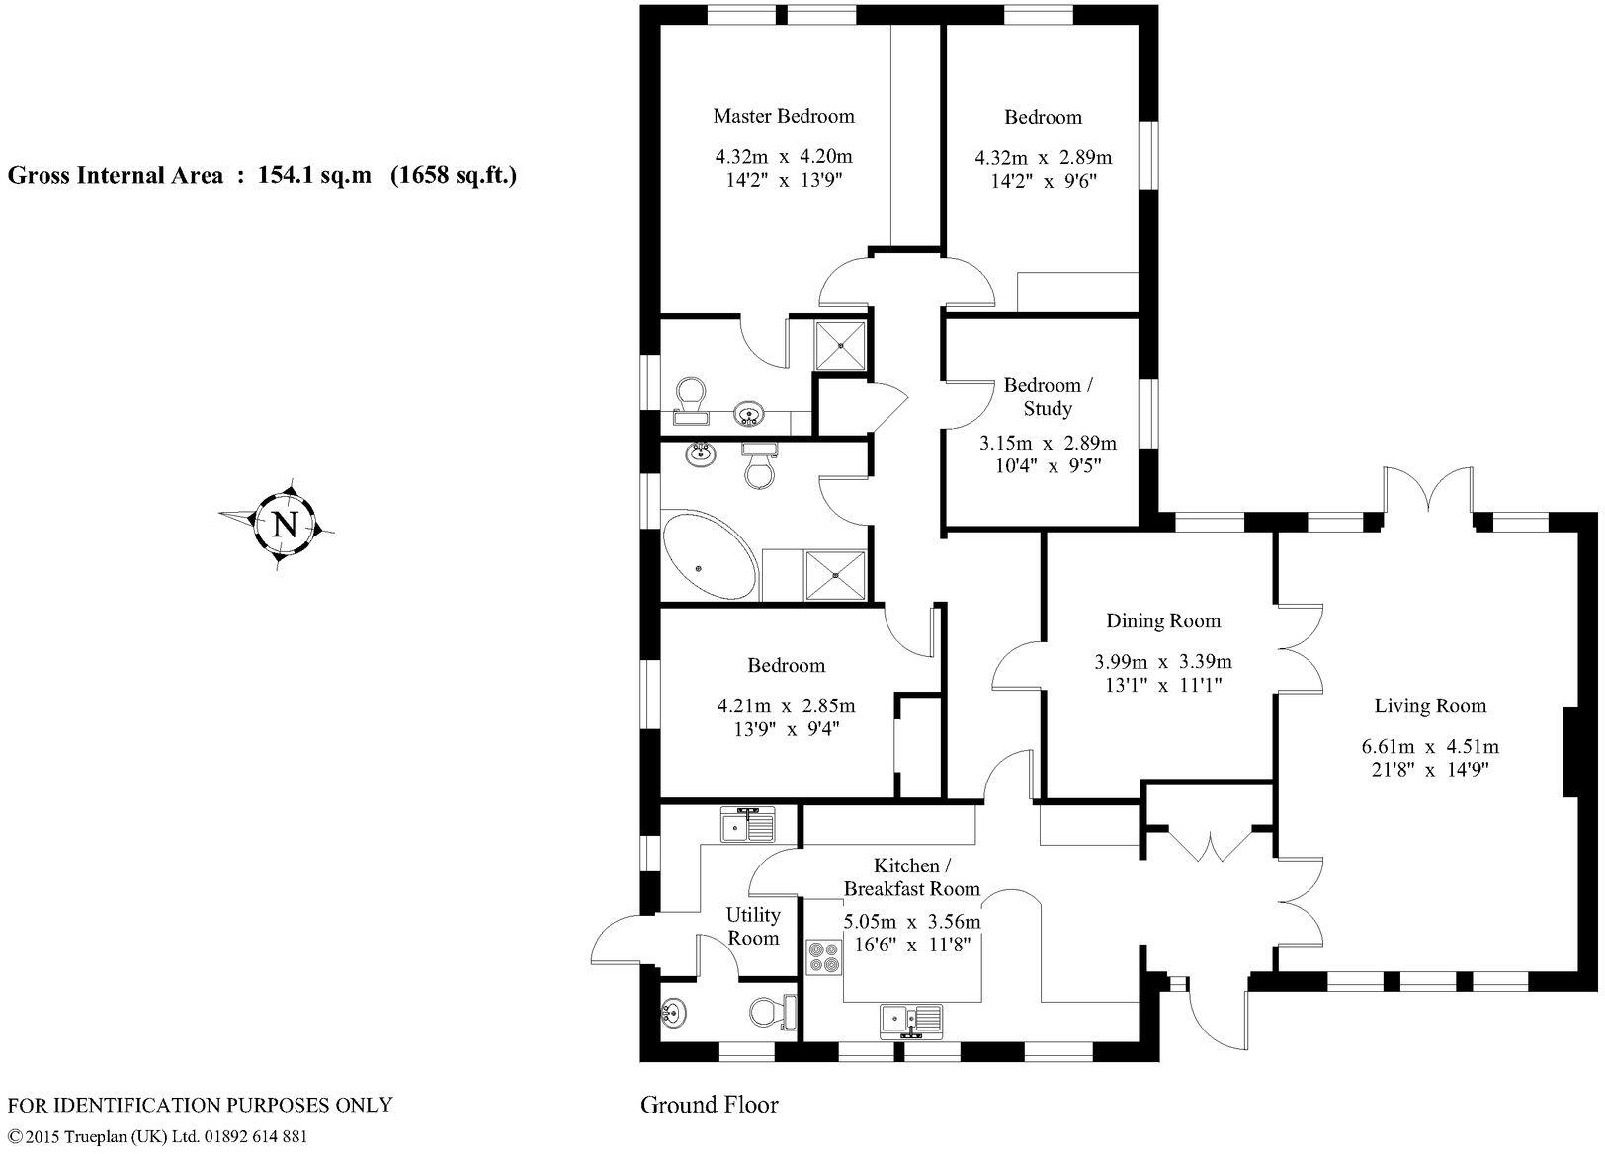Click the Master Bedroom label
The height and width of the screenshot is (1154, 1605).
coord(784,116)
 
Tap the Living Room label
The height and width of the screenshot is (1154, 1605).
coord(1430,705)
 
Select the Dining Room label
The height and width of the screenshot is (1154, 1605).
coord(1162,620)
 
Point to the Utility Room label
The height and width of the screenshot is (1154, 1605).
coord(753,926)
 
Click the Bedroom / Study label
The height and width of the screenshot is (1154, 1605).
coord(1048,396)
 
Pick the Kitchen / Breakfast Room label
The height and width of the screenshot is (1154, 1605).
coord(911,877)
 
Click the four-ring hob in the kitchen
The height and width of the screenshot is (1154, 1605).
coord(823,956)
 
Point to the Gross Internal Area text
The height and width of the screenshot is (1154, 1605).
coord(263,176)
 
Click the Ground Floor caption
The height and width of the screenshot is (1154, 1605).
coord(709,1104)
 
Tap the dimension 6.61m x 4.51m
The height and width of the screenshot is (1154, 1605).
coord(1429,746)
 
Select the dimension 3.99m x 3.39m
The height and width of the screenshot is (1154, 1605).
coord(1163,661)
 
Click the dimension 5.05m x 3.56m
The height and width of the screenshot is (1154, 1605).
coord(911,921)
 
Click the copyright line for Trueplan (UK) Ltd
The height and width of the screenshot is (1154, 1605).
coord(157,1136)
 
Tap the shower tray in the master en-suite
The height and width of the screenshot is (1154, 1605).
coord(841,345)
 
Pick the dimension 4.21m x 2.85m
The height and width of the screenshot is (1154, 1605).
coord(786,705)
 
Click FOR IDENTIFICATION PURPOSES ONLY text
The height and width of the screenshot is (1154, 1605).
coord(200,1105)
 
